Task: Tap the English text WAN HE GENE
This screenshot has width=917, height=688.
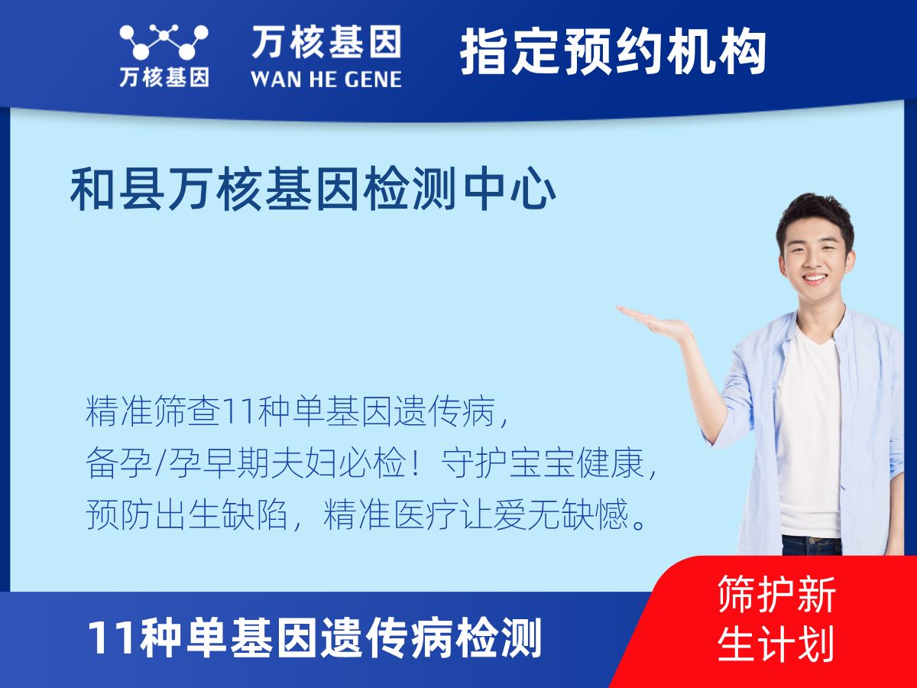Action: tap(326, 79)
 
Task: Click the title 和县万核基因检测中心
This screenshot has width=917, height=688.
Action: tap(313, 190)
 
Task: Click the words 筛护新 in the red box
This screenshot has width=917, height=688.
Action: tap(776, 595)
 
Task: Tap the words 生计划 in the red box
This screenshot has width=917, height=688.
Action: tap(776, 644)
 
